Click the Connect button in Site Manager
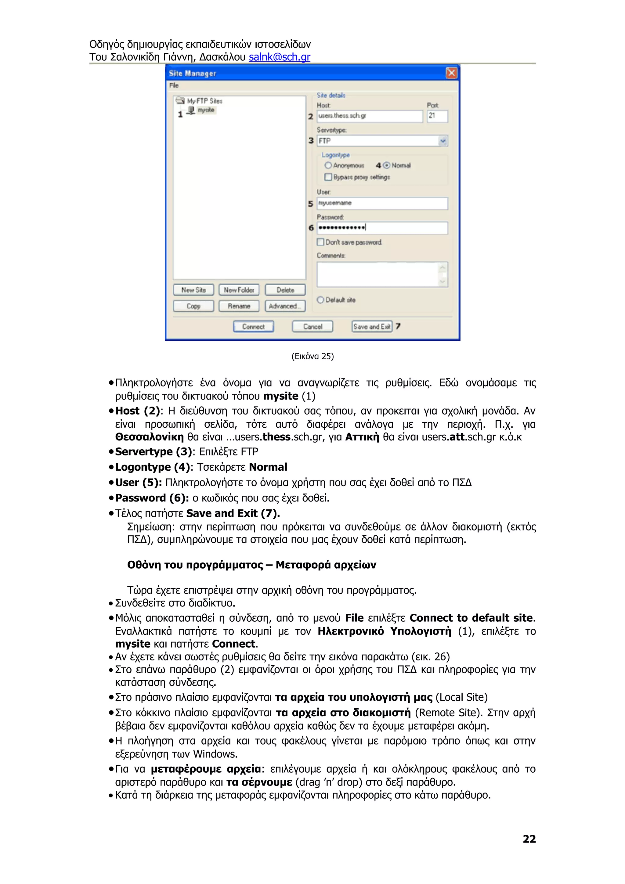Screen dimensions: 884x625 point(253,326)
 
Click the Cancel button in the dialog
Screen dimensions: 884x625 point(312,326)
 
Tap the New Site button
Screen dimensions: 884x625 point(193,290)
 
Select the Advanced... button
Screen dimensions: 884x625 point(285,306)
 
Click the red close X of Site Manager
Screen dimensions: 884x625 point(451,73)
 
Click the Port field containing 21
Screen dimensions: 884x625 point(437,116)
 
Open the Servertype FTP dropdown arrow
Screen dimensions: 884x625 point(443,141)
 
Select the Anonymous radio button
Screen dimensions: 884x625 point(328,166)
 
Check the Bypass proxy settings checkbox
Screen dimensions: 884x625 point(328,177)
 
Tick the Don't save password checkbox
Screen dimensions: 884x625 point(320,242)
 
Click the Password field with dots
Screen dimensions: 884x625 point(382,228)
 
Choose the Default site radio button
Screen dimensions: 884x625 point(320,300)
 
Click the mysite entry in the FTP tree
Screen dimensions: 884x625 point(206,110)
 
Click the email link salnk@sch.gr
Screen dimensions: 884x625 point(279,57)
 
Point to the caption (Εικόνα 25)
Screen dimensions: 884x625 point(312,356)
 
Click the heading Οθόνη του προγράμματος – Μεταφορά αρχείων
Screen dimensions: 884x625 point(251,565)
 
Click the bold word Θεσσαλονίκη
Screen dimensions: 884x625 point(150,437)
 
